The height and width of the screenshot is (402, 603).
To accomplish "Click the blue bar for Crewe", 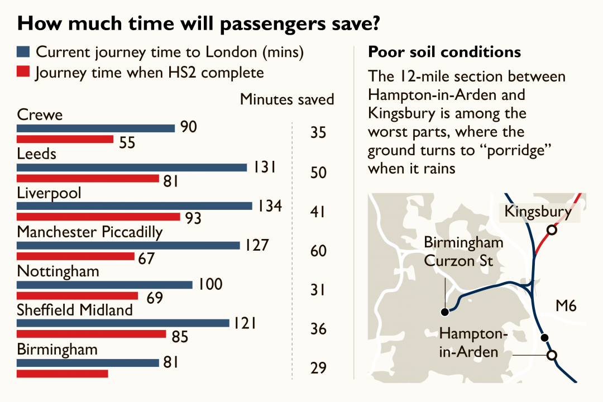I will click(x=96, y=128).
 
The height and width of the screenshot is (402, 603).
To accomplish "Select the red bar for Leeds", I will click(x=88, y=179).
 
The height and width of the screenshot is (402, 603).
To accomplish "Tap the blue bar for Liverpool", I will click(x=135, y=206).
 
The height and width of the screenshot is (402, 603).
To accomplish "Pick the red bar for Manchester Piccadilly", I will click(x=76, y=256).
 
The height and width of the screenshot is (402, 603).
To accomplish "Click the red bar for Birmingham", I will click(x=63, y=373).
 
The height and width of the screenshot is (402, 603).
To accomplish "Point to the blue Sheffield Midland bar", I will click(x=123, y=323).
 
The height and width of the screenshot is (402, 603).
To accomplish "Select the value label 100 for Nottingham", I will click(x=210, y=284).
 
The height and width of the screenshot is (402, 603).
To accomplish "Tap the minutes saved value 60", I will click(x=318, y=251).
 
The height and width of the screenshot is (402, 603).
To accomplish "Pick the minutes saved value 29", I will click(x=318, y=368).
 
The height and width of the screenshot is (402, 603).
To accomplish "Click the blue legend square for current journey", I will click(x=23, y=52).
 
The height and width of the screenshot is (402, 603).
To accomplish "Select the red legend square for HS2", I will click(x=23, y=73).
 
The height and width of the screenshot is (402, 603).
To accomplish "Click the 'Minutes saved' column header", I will click(x=287, y=99).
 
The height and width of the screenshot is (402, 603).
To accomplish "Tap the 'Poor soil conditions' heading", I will click(x=444, y=52).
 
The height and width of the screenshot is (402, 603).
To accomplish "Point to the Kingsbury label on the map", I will click(x=538, y=212).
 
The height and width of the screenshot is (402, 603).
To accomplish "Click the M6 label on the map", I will click(x=566, y=305).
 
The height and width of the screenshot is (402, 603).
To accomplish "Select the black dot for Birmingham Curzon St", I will click(x=445, y=312).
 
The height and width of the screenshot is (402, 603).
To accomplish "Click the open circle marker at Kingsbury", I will click(x=552, y=229).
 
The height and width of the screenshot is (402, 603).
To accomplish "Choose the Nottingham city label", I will click(x=58, y=271).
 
